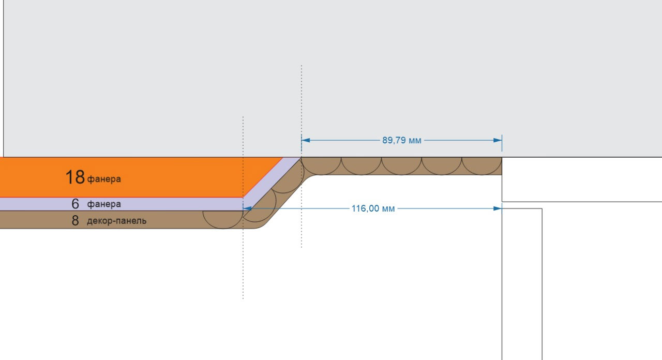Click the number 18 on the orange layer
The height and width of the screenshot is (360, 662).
[x=75, y=177]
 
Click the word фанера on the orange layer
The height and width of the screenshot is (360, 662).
[x=104, y=179]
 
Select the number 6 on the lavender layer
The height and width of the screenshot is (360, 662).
[x=76, y=204]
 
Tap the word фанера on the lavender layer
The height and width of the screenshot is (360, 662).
[x=104, y=204]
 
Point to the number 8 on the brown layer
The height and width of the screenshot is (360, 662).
[x=75, y=221]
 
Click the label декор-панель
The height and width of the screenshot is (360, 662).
[x=116, y=221]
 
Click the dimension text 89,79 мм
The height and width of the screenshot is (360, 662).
[x=401, y=140]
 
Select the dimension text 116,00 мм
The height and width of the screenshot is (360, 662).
[x=373, y=209]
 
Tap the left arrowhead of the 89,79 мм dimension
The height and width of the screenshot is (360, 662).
[x=305, y=140]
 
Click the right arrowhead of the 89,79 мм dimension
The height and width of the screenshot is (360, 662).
[x=498, y=140]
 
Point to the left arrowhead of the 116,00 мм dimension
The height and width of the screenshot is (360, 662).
[x=247, y=209]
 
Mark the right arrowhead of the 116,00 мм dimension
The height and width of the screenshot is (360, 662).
[x=498, y=209]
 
